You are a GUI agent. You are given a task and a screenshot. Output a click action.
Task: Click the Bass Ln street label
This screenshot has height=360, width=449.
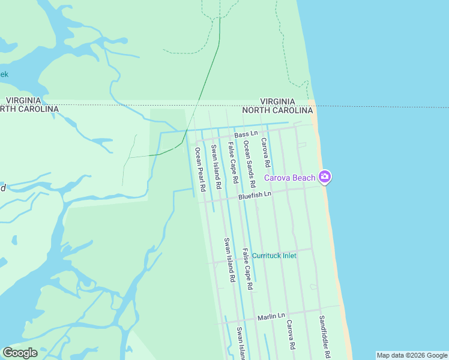(246, 134)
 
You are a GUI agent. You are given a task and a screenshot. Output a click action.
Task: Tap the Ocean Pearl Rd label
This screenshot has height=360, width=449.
(199, 169)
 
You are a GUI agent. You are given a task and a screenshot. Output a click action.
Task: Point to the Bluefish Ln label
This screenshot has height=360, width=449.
(255, 194)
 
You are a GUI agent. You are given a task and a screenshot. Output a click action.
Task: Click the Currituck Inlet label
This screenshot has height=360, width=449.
(274, 256)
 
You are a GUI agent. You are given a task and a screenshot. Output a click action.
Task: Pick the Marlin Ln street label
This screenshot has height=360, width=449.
(271, 316)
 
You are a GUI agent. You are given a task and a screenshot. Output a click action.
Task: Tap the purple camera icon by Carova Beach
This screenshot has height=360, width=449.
(325, 176)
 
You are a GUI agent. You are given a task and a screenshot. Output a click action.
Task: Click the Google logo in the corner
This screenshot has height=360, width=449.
(20, 352)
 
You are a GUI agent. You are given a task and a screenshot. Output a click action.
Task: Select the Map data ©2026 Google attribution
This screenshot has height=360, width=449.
(411, 355)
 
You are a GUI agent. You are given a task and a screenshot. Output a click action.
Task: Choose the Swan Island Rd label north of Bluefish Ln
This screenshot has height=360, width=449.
(215, 164)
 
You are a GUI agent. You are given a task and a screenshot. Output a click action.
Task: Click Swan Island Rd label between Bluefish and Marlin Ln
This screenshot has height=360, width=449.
(229, 260)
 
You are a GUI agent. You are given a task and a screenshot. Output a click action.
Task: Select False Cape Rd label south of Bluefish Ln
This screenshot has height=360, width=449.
(247, 269)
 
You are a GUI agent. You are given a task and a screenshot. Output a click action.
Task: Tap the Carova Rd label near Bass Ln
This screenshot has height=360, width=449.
(265, 152)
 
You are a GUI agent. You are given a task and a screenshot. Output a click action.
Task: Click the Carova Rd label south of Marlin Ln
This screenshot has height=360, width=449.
(291, 334)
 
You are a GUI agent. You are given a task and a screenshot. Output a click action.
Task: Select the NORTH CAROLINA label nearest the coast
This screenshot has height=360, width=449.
(277, 110)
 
